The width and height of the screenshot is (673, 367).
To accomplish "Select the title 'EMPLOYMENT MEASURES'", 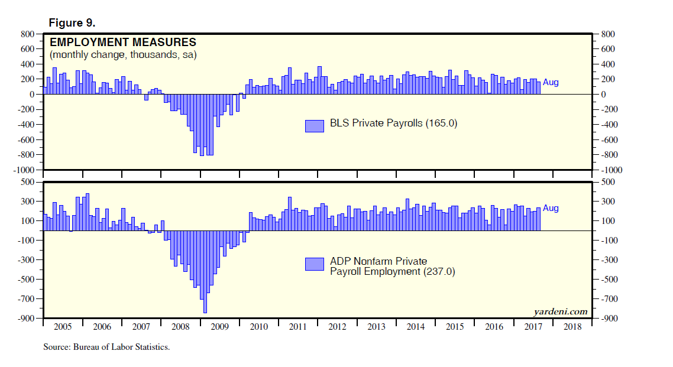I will [x=123, y=43].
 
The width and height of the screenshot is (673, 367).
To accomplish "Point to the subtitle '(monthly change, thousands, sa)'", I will [x=123, y=55].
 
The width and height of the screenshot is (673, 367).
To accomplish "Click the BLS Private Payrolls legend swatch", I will [x=315, y=125].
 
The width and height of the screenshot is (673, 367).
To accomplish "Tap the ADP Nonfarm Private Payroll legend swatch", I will [x=315, y=264].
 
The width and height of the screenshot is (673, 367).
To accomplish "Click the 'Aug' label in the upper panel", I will [x=551, y=83].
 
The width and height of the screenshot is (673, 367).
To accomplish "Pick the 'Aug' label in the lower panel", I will [x=551, y=209].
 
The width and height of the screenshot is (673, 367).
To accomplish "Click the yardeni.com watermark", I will [x=560, y=311].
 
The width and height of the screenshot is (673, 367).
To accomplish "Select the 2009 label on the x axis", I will [x=219, y=326].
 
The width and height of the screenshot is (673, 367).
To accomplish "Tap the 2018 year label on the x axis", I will [x=572, y=326].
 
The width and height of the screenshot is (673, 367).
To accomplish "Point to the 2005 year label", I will [x=63, y=326].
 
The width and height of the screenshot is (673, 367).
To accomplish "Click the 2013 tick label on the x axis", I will [x=376, y=326].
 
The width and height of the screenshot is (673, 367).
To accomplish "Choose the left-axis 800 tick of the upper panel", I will [x=30, y=34].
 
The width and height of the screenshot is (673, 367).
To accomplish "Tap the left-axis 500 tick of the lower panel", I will [x=30, y=182].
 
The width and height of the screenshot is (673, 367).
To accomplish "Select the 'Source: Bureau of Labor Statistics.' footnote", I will [x=106, y=347].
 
